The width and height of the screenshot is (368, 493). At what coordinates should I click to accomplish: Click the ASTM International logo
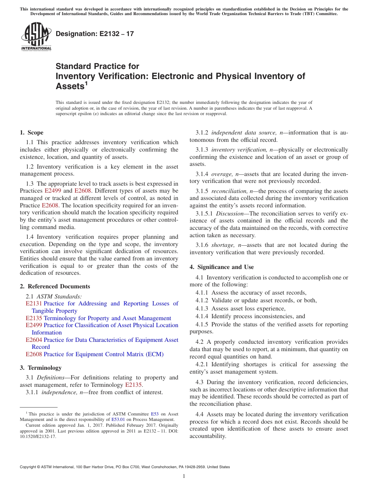point(36,37)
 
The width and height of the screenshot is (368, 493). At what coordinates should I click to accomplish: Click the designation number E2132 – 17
point(95,34)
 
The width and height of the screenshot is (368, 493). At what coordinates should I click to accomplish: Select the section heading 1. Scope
point(32,133)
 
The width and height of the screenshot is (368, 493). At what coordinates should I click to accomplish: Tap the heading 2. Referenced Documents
point(55,286)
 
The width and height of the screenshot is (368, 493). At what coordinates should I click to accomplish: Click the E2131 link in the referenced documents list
point(34,303)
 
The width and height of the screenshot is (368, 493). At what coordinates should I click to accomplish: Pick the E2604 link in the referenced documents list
point(34,340)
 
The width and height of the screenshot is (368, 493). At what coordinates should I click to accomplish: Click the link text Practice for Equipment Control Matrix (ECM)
point(103,354)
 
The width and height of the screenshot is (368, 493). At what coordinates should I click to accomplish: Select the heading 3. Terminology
point(41,368)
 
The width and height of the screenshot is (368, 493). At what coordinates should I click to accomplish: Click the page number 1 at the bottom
point(184,476)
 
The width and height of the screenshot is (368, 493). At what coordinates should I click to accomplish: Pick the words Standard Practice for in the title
point(97,66)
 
